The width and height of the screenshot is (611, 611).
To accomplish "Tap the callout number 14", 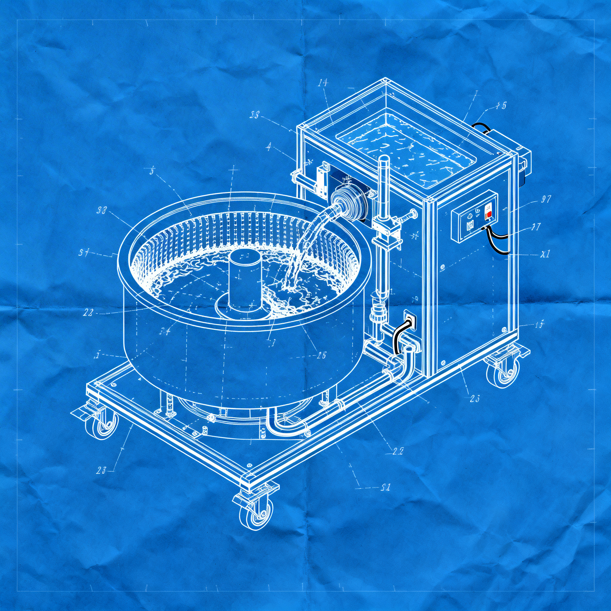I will coord(323,83).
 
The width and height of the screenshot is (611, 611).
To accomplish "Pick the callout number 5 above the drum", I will coord(152,172).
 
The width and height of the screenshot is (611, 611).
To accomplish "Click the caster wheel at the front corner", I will coord(256,515).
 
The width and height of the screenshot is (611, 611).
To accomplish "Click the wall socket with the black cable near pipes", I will coord(409,322).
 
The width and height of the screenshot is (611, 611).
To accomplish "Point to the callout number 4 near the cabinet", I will coord(269,146).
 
